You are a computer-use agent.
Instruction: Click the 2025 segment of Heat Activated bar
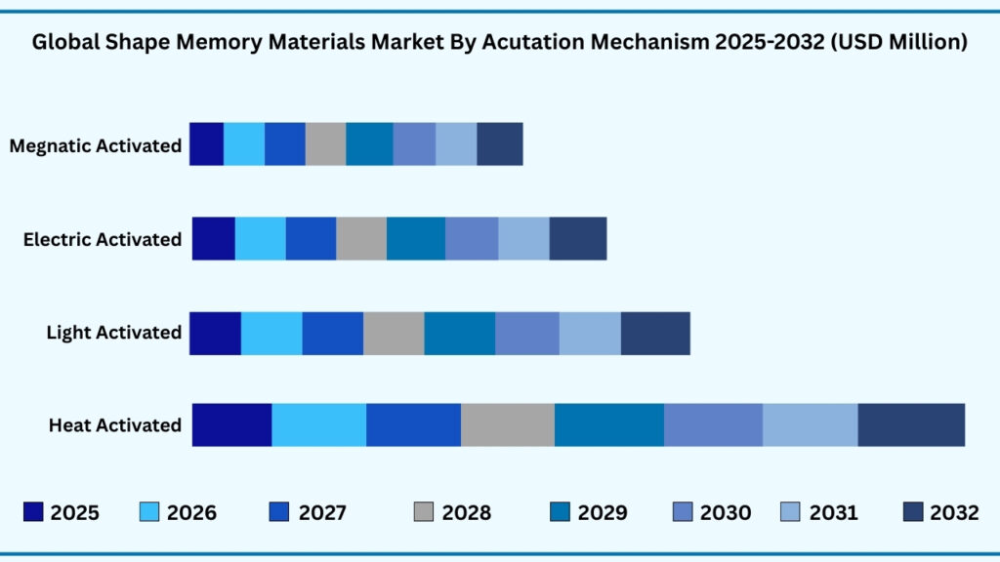(x=231, y=424)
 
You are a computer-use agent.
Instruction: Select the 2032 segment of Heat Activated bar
(x=911, y=424)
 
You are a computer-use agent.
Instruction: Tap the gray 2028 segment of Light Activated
(x=394, y=333)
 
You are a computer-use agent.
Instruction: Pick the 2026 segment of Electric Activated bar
(x=260, y=238)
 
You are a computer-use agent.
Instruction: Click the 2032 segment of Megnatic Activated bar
(x=500, y=143)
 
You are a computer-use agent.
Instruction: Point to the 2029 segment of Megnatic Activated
(x=369, y=143)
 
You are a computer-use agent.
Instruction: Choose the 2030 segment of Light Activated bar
(x=527, y=333)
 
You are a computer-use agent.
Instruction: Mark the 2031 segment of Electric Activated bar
(x=523, y=238)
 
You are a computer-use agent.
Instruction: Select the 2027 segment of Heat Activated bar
(x=413, y=424)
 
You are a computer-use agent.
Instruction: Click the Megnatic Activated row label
(x=96, y=146)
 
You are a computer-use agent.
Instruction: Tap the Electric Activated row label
(x=103, y=239)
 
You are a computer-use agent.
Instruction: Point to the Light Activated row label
(x=114, y=333)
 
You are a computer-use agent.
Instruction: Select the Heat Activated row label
(x=115, y=425)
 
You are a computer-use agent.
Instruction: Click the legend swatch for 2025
(x=34, y=512)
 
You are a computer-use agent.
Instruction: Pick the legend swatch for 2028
(x=424, y=512)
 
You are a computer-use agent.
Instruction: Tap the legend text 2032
(x=954, y=513)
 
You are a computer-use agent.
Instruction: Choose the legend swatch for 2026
(x=150, y=512)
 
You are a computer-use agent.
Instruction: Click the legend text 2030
(x=726, y=513)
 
